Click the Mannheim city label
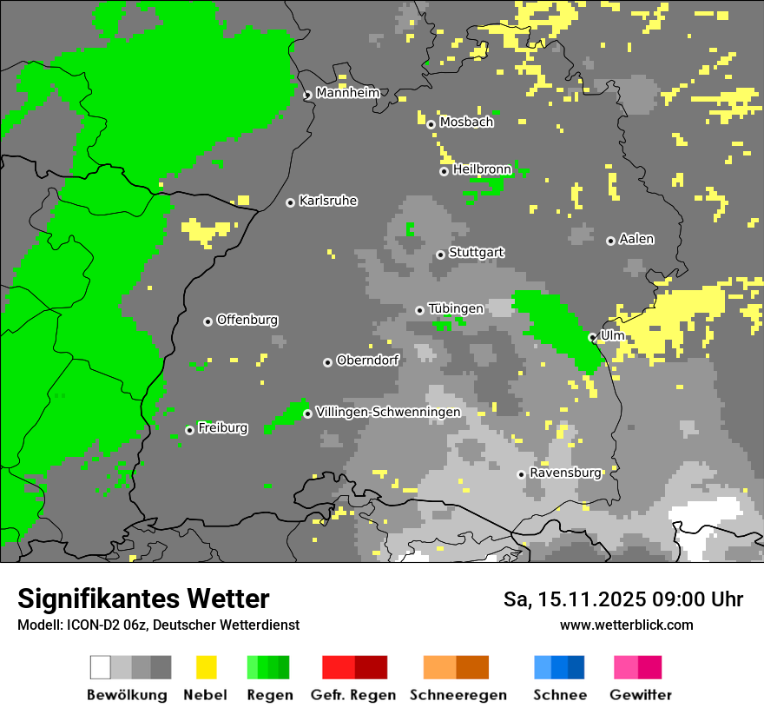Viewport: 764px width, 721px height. coord(348,93)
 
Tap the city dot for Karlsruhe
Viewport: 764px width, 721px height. coord(291,202)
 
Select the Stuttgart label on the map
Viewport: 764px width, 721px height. coord(477,253)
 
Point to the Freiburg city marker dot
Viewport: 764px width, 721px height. coord(190,430)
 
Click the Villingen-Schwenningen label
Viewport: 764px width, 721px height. coord(388,412)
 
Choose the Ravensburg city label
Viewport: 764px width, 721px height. coord(565,473)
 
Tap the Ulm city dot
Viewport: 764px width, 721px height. coord(592,337)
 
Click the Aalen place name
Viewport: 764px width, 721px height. coord(636,239)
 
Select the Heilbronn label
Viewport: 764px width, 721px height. coord(482,170)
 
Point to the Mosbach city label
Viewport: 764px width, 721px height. coord(466,122)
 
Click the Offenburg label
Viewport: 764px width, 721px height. coord(247,320)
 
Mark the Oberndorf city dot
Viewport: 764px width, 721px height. coord(327,362)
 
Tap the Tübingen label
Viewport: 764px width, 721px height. coord(456,308)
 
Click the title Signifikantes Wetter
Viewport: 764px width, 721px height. coord(143,599)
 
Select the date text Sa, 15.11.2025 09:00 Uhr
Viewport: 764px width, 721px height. coord(623,599)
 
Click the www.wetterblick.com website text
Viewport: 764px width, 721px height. coord(626,625)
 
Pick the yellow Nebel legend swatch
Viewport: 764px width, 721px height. coord(206,667)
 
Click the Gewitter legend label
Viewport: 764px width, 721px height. coord(640,695)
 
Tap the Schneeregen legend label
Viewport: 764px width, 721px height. coord(458,695)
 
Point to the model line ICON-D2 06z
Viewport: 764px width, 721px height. coord(158,625)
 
